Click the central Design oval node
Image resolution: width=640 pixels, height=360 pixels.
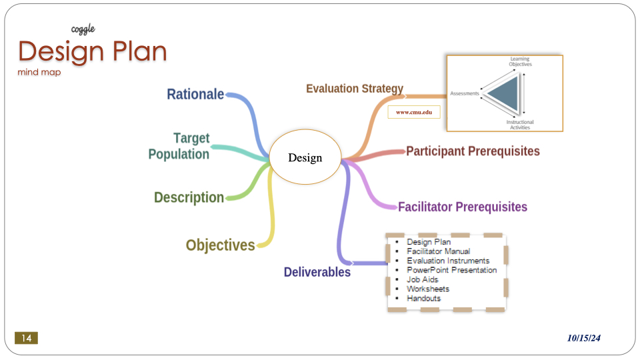coord(305,158)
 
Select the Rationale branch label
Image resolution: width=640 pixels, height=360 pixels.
coord(195,95)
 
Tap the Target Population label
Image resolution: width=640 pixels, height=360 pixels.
coord(179,146)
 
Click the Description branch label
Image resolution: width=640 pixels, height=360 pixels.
coord(189,197)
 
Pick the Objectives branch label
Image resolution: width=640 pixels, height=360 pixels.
coord(220,245)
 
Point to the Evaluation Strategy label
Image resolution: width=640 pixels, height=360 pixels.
coord(355,89)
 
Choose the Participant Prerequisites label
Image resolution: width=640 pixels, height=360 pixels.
coord(473,151)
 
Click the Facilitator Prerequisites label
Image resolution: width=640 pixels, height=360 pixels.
coord(463,207)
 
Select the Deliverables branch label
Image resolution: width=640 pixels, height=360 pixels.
coord(317,272)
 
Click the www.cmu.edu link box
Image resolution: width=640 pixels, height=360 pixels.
coord(414,113)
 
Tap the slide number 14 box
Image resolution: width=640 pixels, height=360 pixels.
coord(26,339)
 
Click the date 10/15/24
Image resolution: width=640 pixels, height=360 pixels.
coord(584,339)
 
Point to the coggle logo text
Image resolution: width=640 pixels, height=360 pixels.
coord(83,29)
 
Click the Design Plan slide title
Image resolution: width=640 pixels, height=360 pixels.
coord(92,51)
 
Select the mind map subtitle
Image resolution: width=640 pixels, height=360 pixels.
coord(39,72)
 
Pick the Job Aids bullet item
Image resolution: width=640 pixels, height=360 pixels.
coord(423,279)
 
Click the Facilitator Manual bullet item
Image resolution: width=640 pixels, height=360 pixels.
coord(438,251)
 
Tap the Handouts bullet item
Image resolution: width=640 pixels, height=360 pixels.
coord(423,298)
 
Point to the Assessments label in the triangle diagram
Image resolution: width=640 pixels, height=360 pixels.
coord(465,93)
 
